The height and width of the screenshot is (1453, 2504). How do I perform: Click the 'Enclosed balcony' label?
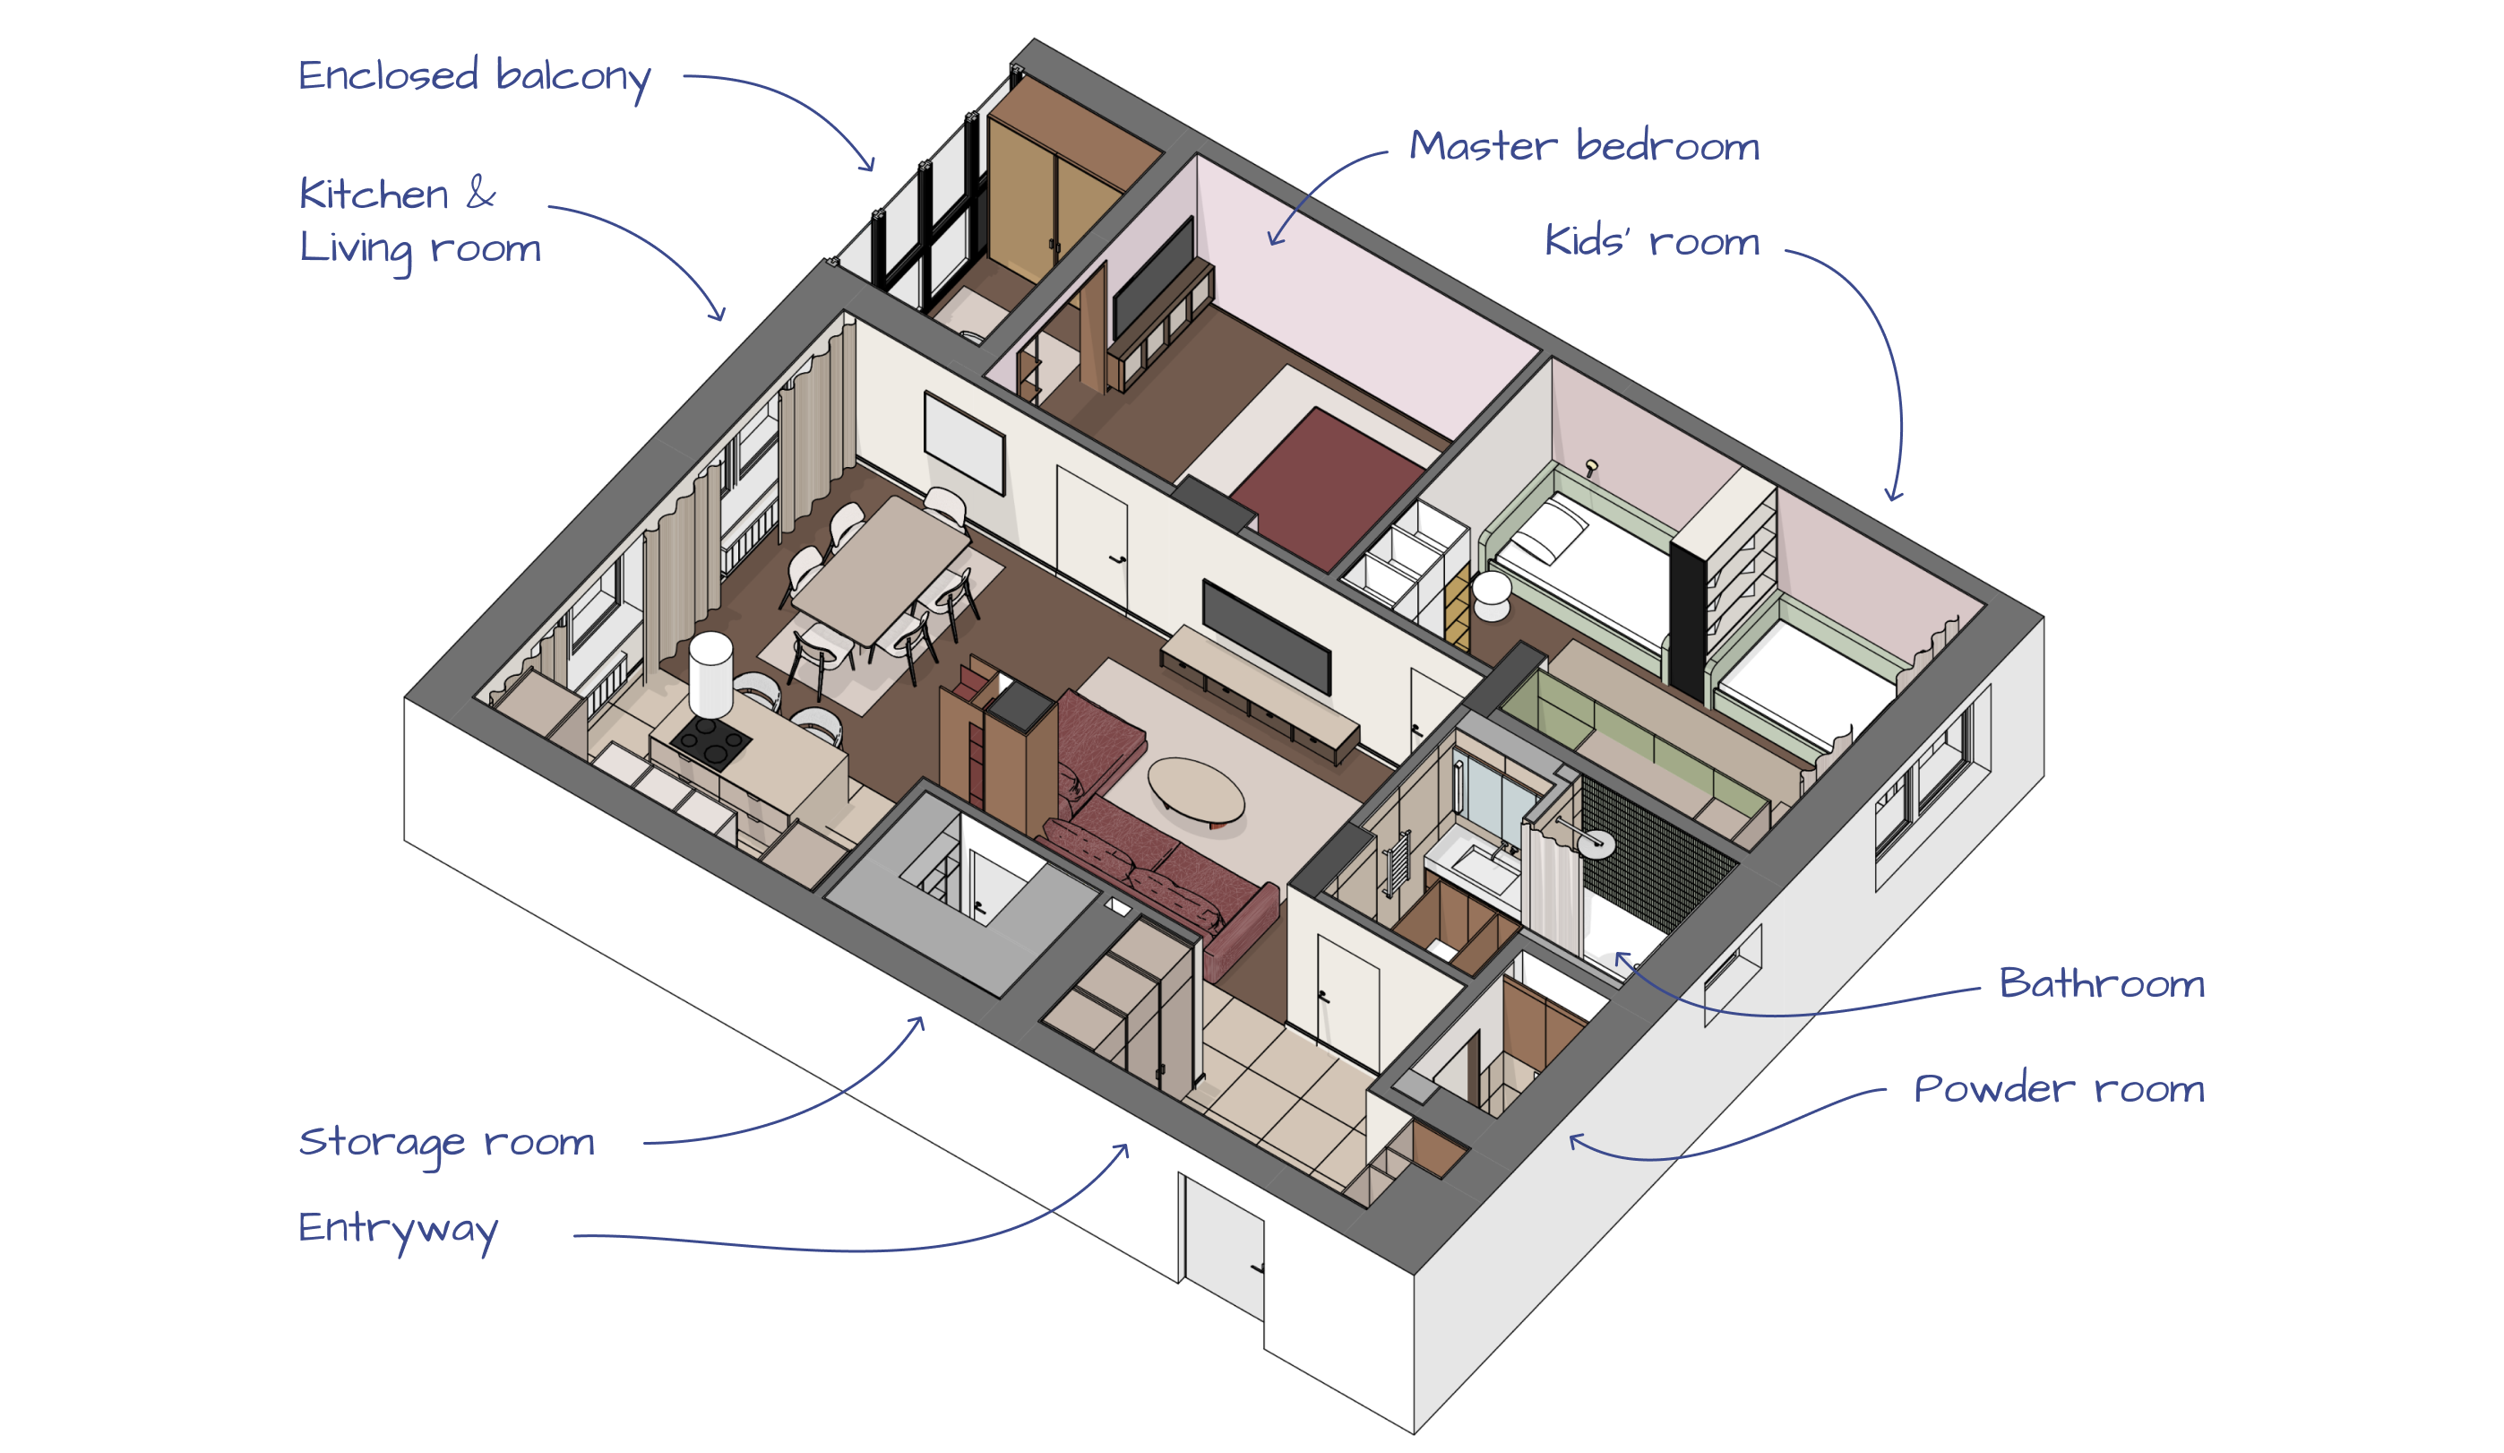click(x=474, y=75)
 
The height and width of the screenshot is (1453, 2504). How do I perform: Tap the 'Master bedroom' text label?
click(x=1584, y=146)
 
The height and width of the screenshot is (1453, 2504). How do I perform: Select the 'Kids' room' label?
click(x=1651, y=241)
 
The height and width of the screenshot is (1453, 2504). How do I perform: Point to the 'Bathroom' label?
click(x=2102, y=984)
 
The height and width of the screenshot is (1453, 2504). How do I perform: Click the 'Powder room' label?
click(x=2059, y=1088)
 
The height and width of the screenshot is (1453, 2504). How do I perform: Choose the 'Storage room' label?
click(x=446, y=1143)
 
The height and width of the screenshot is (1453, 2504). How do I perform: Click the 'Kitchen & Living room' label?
click(x=419, y=221)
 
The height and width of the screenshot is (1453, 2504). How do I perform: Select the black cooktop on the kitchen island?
click(x=710, y=742)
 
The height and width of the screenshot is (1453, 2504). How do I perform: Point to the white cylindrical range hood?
click(x=711, y=675)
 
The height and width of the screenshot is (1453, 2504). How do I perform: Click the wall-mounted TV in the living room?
click(x=1265, y=636)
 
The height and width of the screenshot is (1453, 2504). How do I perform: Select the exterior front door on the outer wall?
click(x=1223, y=1246)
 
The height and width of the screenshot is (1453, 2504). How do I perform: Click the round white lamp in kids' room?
click(x=1491, y=588)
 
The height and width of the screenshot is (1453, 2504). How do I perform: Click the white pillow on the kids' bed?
click(x=1540, y=541)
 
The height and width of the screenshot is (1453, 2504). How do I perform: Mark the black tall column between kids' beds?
click(x=1687, y=621)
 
